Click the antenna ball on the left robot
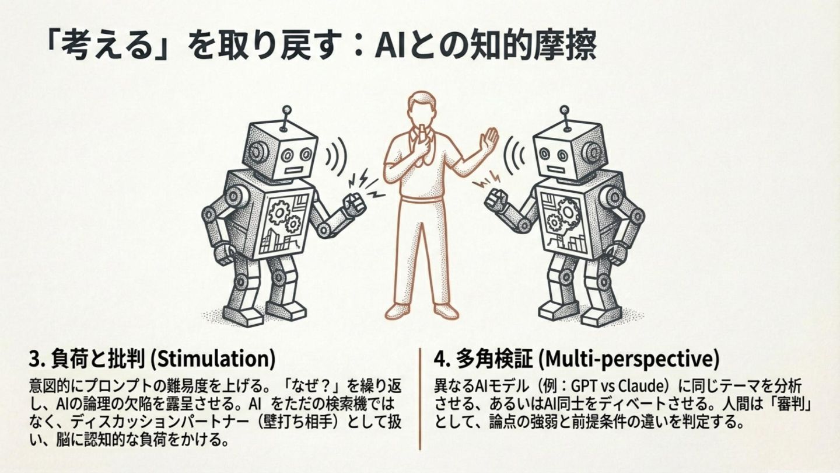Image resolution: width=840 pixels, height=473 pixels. (x=286, y=110)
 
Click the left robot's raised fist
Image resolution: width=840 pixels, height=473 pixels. (x=354, y=205)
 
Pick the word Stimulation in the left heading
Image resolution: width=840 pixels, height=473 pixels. (x=212, y=359)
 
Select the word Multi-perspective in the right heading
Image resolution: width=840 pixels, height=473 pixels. (x=628, y=360)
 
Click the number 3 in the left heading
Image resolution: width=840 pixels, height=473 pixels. (x=34, y=360)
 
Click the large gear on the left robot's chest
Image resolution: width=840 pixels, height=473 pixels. (x=279, y=212)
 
